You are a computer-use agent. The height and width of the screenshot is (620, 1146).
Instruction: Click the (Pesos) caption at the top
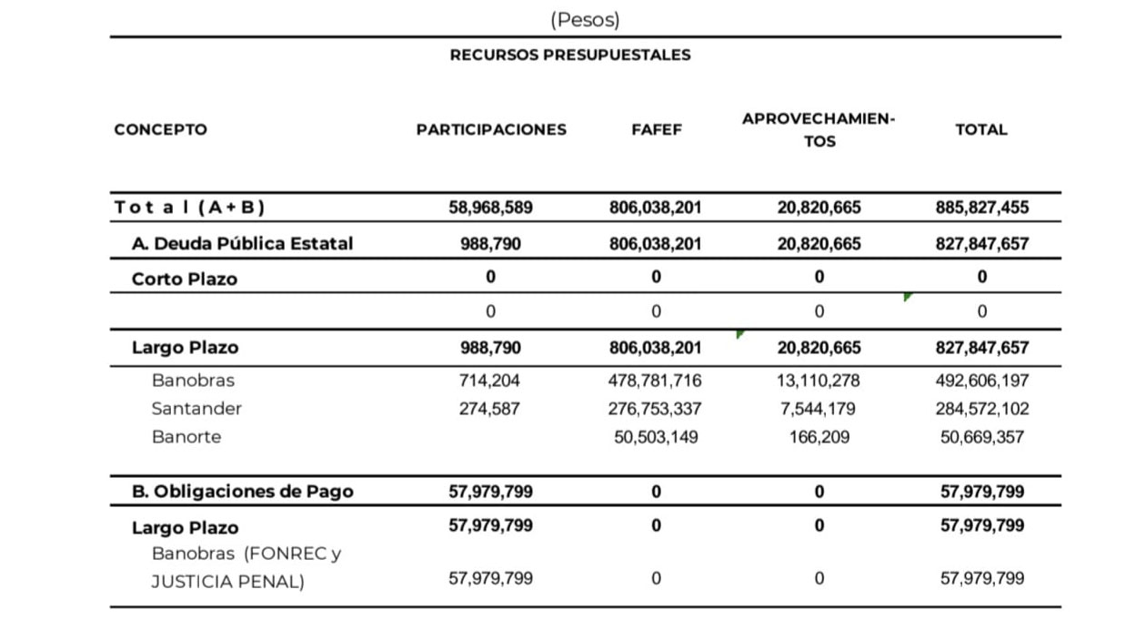[x=585, y=19]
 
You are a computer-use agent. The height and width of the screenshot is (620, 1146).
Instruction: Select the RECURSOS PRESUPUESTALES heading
[x=570, y=55]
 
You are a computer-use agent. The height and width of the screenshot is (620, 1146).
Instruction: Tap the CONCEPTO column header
[x=160, y=129]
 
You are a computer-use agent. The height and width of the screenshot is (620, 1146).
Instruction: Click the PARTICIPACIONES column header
[x=491, y=129]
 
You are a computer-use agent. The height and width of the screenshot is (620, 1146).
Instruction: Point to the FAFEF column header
[x=656, y=129]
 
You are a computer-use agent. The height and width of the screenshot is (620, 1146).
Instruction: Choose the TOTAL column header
[x=981, y=129]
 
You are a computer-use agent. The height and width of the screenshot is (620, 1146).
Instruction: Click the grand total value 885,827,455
[x=982, y=208]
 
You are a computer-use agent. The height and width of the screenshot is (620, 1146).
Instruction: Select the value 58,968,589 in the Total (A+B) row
[x=491, y=208]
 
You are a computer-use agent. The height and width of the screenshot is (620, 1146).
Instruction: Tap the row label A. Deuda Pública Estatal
[x=242, y=243]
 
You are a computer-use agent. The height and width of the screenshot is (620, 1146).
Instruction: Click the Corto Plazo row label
[x=185, y=279]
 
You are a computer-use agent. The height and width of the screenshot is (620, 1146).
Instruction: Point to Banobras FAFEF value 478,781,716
[x=656, y=381]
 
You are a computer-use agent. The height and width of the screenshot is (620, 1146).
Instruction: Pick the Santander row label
[x=196, y=409]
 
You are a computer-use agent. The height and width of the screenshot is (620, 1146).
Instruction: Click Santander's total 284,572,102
[x=982, y=409]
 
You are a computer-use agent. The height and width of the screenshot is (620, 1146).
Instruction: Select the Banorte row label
[x=186, y=437]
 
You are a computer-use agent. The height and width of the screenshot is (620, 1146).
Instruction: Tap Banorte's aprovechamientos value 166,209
[x=819, y=437]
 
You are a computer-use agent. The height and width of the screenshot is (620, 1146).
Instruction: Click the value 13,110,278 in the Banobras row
[x=819, y=381]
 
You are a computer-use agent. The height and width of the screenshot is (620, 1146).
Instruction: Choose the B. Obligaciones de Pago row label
[x=243, y=492]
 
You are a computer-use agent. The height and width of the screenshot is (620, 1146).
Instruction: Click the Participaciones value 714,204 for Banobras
[x=490, y=381]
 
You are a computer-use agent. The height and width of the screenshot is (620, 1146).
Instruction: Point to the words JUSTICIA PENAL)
[x=227, y=581]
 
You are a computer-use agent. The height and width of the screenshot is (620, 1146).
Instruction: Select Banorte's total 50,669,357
[x=982, y=437]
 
